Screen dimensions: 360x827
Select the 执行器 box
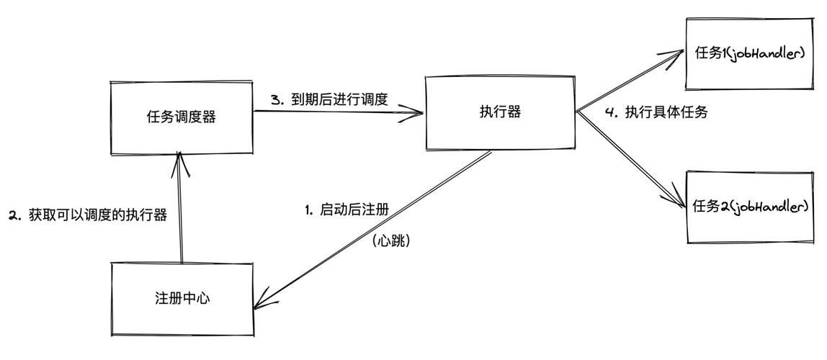(500, 112)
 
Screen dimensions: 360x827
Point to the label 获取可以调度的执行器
(98, 215)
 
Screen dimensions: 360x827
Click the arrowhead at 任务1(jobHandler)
(678, 53)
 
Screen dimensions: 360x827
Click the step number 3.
(275, 100)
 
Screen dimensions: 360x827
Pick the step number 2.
(13, 215)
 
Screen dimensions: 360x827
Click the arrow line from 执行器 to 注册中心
(375, 227)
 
